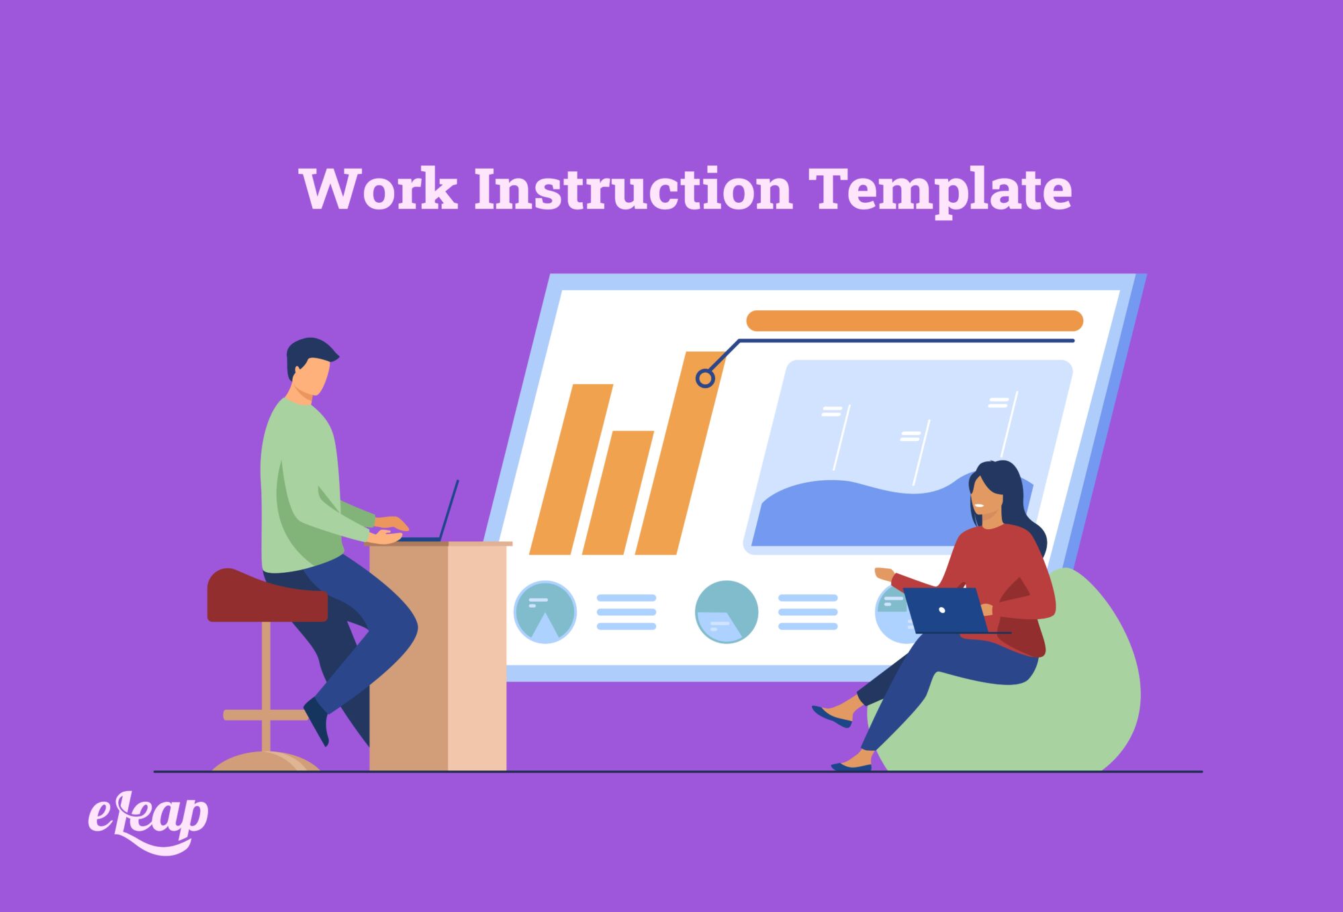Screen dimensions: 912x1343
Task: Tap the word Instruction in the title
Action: pyautogui.click(x=633, y=189)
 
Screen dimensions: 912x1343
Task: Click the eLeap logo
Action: pyautogui.click(x=148, y=821)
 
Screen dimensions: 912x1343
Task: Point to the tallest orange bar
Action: pyautogui.click(x=678, y=457)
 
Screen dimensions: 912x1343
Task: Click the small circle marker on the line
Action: pyautogui.click(x=705, y=378)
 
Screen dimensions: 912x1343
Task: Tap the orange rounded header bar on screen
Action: pyautogui.click(x=914, y=320)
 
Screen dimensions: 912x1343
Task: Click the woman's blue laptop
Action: pyautogui.click(x=943, y=610)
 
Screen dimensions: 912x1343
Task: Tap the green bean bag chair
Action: pyautogui.click(x=1074, y=705)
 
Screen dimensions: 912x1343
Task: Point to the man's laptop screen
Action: pyautogui.click(x=449, y=510)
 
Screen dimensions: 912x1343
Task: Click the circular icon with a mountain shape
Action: pyautogui.click(x=545, y=612)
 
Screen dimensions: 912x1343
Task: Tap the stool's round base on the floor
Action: pyautogui.click(x=265, y=762)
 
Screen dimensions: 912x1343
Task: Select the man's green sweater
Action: pyautogui.click(x=302, y=484)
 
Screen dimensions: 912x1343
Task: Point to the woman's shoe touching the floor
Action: pyautogui.click(x=850, y=766)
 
